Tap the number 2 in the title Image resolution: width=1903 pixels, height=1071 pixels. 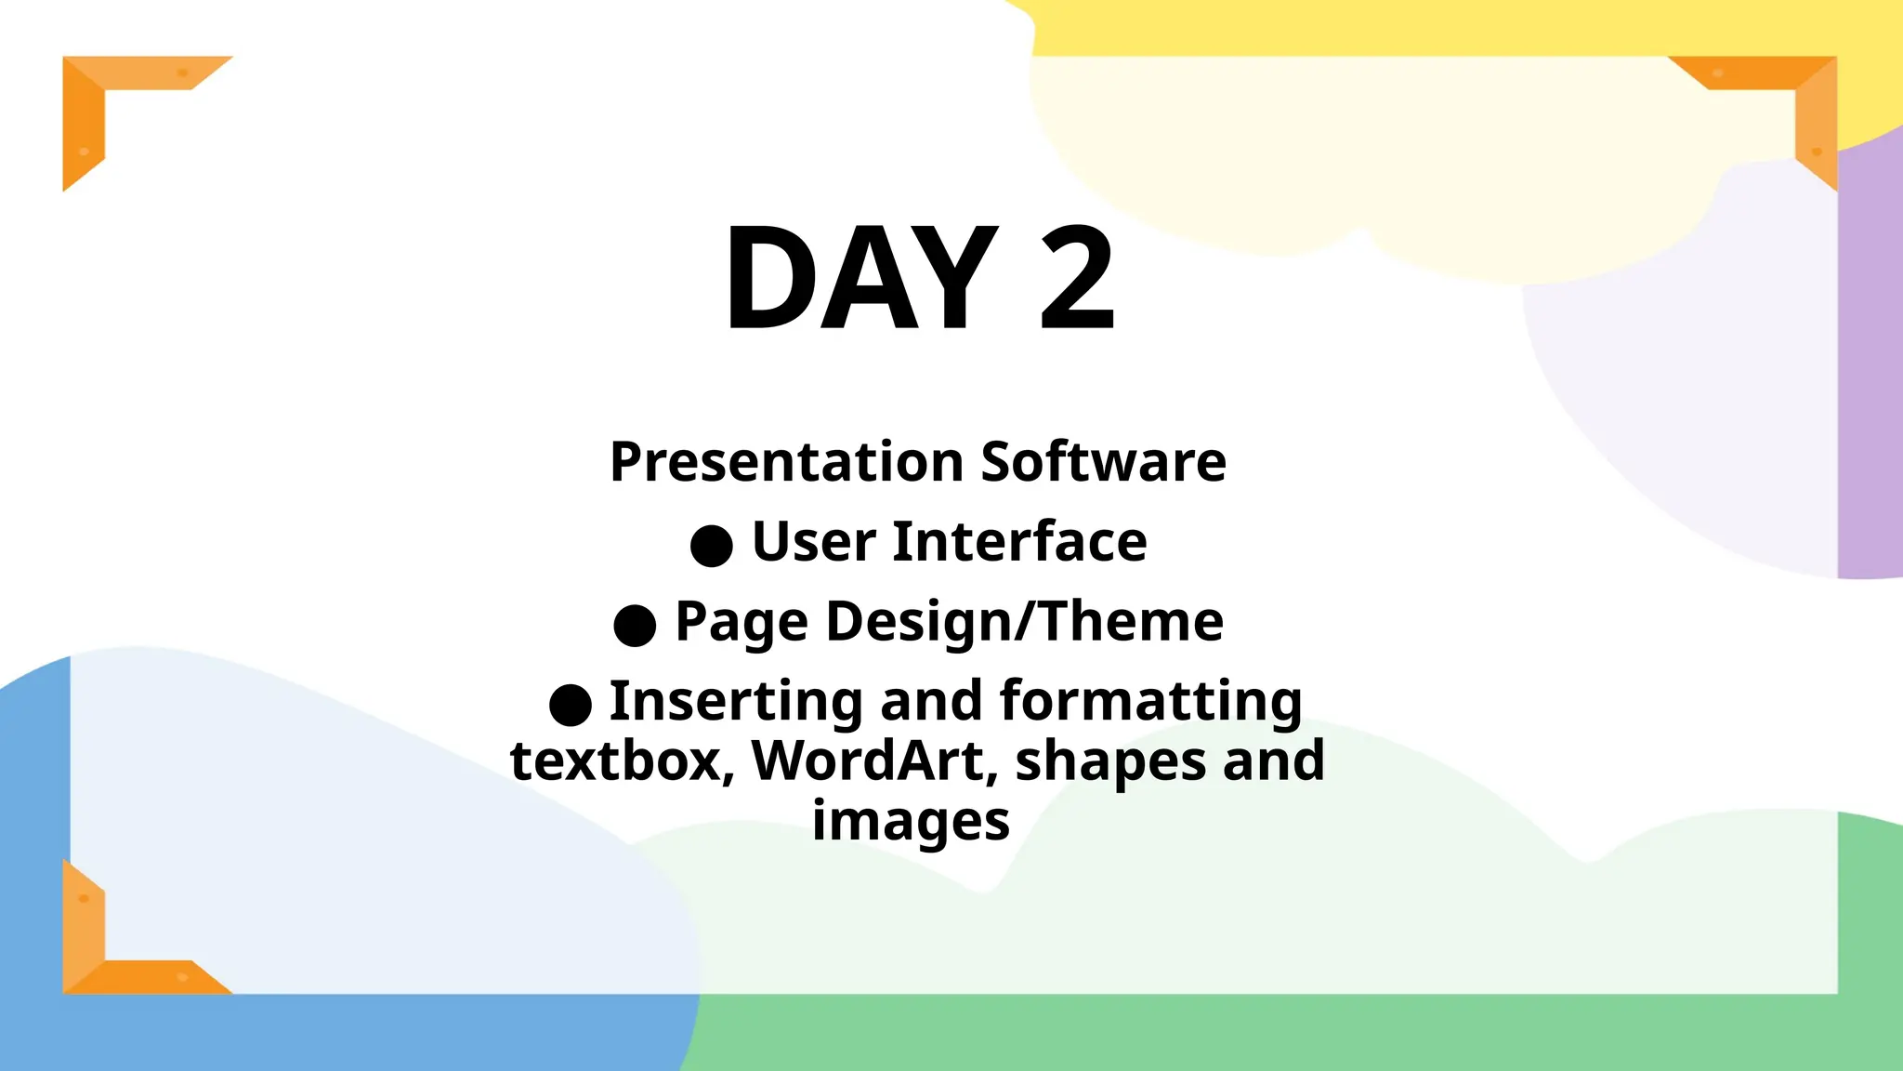1076,279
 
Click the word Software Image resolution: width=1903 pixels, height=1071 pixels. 1103,462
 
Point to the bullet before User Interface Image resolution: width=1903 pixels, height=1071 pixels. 712,545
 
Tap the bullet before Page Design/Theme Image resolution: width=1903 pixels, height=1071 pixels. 635,625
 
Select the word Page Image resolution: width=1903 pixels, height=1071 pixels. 741,622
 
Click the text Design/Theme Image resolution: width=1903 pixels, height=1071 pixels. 1024,622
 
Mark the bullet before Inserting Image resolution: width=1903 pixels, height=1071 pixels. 571,705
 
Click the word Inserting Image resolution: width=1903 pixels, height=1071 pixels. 736,701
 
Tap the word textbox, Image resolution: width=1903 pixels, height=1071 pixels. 622,761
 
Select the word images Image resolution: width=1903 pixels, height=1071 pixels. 911,822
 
